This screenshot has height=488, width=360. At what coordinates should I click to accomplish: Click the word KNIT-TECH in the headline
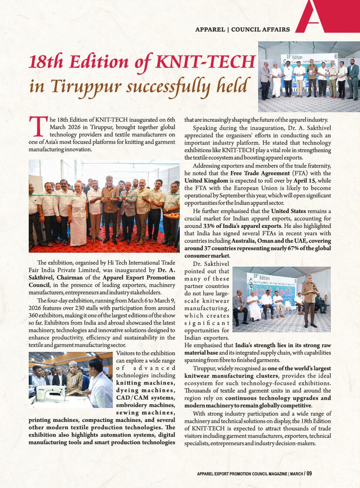(x=204, y=62)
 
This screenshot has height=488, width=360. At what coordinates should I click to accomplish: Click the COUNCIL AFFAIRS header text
(x=260, y=30)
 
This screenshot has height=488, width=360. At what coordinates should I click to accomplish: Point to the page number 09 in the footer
(x=309, y=474)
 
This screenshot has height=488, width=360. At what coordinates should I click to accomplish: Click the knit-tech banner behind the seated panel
(x=270, y=289)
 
